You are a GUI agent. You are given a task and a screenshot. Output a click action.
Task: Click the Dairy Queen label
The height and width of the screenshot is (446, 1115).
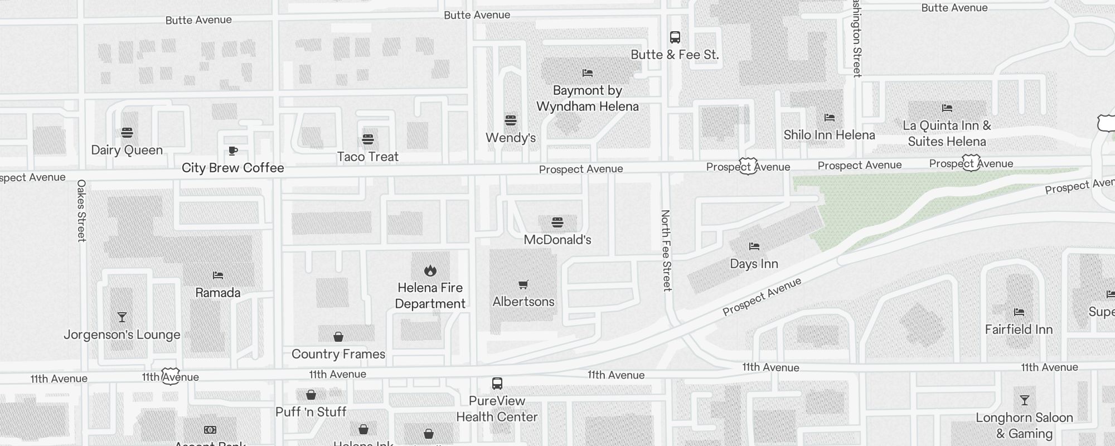[x=127, y=150]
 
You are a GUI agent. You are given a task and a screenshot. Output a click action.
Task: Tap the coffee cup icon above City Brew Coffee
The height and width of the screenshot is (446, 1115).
[x=233, y=151]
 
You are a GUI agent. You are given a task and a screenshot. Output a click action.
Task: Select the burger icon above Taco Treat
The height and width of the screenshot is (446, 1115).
[x=367, y=139]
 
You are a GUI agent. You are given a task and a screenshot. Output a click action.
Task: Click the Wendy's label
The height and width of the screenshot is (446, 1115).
[x=511, y=138]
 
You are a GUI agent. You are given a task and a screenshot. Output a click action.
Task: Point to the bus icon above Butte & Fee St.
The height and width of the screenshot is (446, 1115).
[x=675, y=37]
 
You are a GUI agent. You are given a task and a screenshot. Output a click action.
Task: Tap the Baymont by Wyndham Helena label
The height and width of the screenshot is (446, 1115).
[x=588, y=98]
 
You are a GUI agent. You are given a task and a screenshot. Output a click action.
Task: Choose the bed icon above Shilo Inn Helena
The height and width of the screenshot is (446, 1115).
[x=830, y=118]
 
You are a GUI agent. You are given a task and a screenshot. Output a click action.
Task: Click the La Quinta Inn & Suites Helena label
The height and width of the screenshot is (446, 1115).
[x=947, y=133]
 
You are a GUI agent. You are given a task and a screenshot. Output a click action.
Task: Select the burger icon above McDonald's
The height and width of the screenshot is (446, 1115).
[x=557, y=222]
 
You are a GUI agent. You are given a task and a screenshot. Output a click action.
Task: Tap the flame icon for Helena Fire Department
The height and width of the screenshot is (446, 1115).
[x=430, y=271]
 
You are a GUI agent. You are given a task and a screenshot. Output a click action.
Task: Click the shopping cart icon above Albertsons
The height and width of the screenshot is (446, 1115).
[x=523, y=285]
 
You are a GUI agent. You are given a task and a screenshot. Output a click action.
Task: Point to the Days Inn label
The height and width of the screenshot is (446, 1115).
[x=754, y=264]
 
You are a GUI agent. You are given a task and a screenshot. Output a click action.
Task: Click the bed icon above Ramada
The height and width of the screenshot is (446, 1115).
[x=218, y=275]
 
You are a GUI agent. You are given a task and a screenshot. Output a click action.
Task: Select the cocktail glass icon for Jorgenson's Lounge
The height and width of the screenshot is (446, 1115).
[x=122, y=317]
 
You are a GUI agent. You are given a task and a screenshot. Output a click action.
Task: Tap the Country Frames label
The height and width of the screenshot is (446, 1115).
[x=338, y=354]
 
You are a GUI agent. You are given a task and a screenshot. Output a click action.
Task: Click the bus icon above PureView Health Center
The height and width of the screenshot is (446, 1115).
[x=497, y=384]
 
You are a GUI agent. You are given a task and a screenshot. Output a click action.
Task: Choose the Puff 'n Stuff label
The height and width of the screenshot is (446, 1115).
[x=311, y=412]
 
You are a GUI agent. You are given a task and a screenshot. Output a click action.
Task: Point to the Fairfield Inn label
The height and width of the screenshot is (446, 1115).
[x=1019, y=329]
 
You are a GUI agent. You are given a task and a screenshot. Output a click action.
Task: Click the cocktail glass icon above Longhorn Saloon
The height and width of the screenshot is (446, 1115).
[x=1024, y=400]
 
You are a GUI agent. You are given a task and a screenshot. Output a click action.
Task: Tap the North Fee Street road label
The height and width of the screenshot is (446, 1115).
[x=666, y=250]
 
